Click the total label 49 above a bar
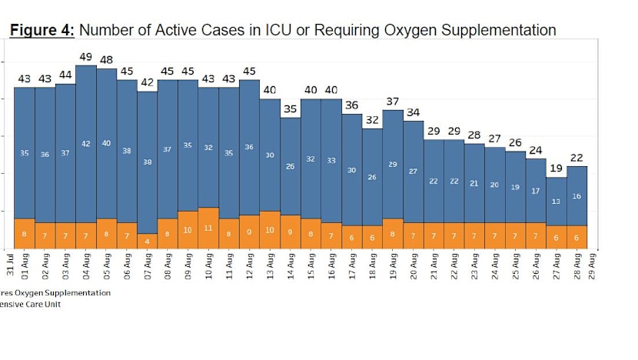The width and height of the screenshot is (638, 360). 85,56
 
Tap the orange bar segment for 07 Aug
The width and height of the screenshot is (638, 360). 148,241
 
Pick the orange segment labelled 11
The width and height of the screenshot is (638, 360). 208,228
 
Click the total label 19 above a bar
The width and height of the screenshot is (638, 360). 556,168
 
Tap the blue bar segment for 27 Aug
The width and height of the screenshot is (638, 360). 556,202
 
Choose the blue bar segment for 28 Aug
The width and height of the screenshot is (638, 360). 577,195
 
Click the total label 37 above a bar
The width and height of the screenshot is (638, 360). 392,101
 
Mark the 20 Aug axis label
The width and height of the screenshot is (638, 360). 413,264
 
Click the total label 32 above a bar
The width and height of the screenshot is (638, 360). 372,120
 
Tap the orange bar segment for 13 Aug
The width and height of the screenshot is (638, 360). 270,229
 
